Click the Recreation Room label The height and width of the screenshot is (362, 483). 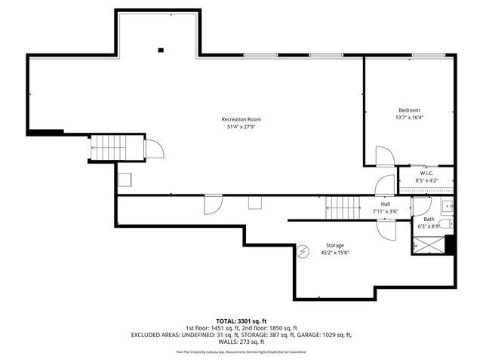[241, 119]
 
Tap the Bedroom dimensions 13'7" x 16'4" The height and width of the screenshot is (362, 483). [409, 118]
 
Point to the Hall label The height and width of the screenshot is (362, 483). [385, 204]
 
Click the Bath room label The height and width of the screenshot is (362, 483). [428, 219]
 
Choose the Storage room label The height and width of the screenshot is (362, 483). [334, 245]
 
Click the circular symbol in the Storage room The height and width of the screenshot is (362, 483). [303, 250]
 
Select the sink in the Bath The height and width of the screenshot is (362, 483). [447, 206]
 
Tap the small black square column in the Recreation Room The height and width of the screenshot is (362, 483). [160, 51]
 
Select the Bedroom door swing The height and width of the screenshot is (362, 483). [384, 157]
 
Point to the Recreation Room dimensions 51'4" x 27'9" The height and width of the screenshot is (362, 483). [241, 127]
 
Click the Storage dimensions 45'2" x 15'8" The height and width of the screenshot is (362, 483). [334, 253]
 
